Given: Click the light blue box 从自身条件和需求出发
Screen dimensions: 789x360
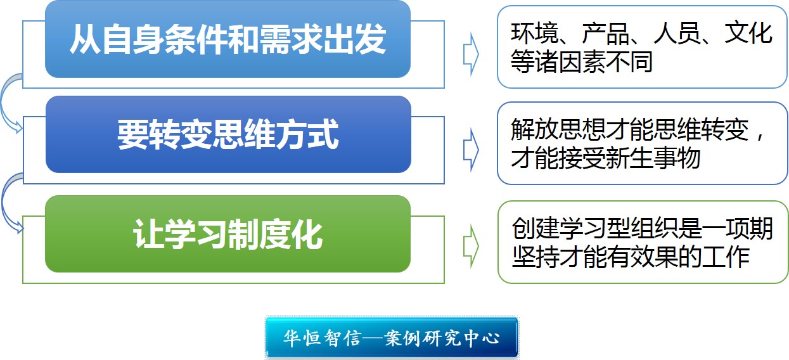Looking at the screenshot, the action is click(x=228, y=39).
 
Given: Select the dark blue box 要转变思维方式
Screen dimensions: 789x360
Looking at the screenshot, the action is click(x=228, y=134).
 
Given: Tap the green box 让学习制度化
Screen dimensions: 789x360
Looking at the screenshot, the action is click(x=228, y=234).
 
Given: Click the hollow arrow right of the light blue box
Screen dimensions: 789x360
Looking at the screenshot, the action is click(x=471, y=55).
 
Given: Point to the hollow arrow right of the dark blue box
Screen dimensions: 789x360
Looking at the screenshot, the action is click(x=471, y=150).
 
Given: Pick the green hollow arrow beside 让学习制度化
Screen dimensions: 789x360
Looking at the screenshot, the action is click(x=471, y=246).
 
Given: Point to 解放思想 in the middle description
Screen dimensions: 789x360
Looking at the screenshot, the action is click(x=558, y=129).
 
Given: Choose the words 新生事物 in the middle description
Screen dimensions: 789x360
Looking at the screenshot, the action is click(x=653, y=158).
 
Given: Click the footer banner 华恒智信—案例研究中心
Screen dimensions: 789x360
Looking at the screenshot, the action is click(x=392, y=337).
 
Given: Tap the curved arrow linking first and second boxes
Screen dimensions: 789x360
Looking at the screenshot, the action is click(x=3, y=102).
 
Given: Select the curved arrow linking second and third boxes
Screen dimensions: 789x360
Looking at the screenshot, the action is click(x=4, y=203).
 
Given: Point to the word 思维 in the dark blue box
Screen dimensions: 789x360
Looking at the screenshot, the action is click(x=243, y=134).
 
